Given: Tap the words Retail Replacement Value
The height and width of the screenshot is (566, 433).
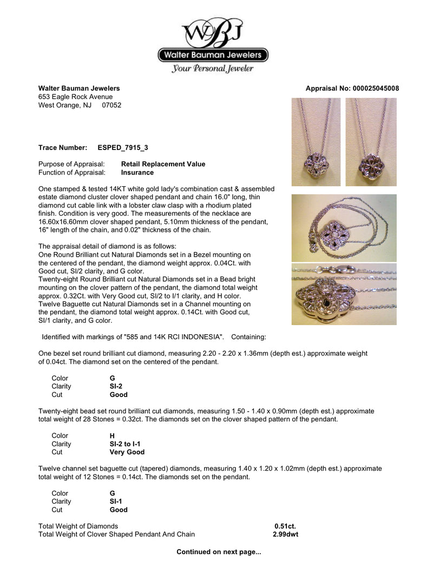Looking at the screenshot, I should [163, 164].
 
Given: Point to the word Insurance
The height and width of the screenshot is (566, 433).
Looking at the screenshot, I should [137, 172].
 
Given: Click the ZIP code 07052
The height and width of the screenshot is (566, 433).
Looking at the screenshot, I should [111, 105].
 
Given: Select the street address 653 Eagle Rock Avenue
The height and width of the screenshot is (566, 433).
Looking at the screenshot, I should [75, 97].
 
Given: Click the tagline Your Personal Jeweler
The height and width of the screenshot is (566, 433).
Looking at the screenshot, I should [213, 69].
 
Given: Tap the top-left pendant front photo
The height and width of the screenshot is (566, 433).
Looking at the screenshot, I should [316, 142].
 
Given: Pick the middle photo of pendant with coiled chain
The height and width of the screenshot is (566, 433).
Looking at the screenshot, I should [344, 227].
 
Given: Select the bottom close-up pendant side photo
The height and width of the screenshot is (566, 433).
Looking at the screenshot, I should [344, 294].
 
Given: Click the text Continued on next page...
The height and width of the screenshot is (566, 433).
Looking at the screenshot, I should [219, 552].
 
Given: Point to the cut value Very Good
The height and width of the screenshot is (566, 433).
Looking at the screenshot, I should [127, 452].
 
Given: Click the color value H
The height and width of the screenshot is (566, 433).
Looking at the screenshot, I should [112, 435].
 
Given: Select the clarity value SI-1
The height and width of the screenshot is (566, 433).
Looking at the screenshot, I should [117, 502].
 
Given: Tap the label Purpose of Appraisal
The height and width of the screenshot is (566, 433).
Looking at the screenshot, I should [75, 164].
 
